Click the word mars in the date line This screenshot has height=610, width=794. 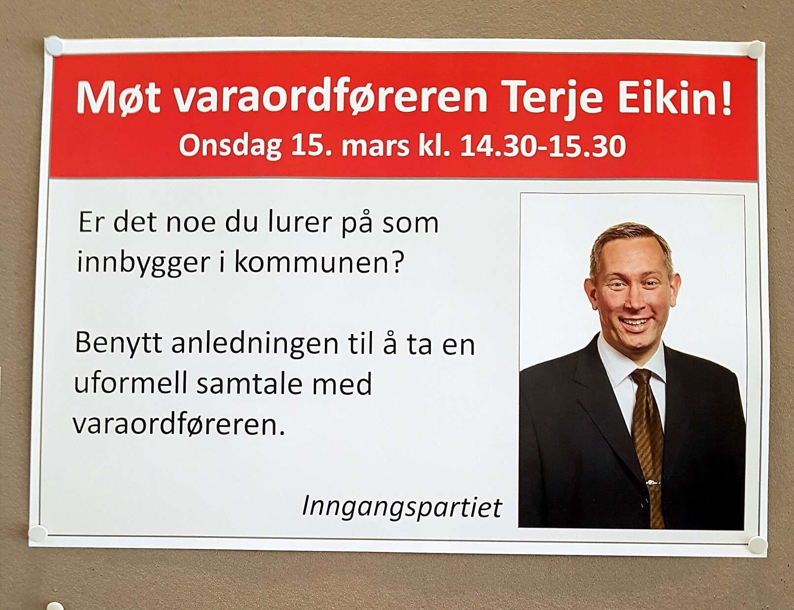point(375,147)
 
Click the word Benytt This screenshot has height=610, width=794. point(119,344)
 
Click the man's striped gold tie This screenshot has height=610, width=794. point(649,446)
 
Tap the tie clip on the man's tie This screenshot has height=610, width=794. point(653,483)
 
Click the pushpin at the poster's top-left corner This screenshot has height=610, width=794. point(54,46)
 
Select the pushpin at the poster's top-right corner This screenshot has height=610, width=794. point(755,50)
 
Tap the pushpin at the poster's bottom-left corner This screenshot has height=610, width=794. point(37,534)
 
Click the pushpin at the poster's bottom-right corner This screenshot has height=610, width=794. point(758,545)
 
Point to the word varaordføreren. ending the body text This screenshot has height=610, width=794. point(179,424)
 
